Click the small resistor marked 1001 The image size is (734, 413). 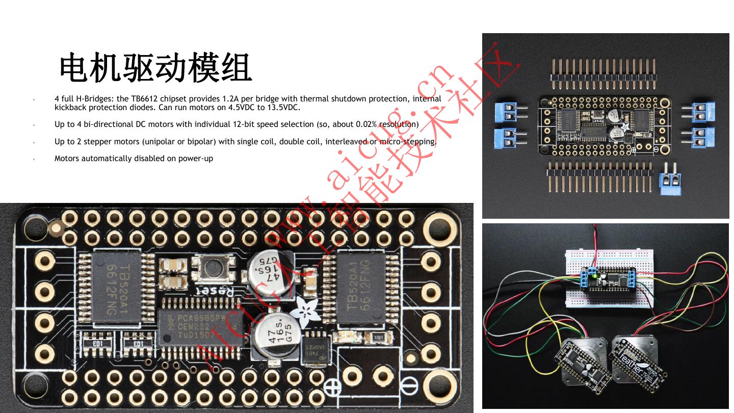pos(379,338)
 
